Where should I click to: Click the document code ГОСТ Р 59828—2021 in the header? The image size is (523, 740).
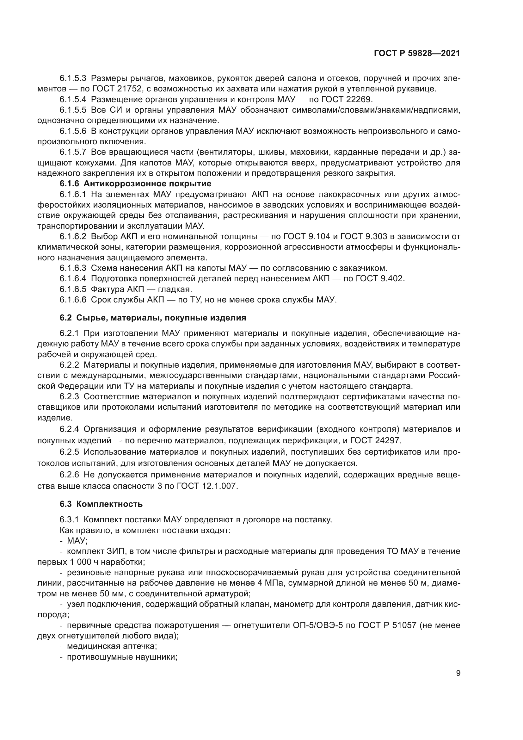point(417,53)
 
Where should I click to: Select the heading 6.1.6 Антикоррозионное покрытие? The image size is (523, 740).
point(135,184)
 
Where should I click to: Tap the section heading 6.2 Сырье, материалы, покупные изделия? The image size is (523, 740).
point(153,318)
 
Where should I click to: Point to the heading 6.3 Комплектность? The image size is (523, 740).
point(101,504)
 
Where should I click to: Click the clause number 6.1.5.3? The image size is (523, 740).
point(73,78)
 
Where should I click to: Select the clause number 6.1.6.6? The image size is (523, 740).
point(73,300)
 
